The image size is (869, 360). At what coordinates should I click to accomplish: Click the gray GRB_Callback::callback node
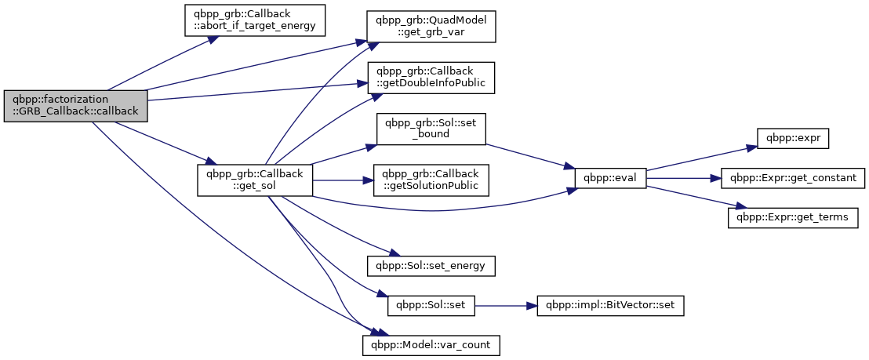pos(75,104)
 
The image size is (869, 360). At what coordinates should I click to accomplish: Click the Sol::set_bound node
pos(431,128)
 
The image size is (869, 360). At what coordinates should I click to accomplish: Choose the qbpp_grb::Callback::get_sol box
pos(254,180)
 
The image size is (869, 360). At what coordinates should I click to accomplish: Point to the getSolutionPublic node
pos(431,180)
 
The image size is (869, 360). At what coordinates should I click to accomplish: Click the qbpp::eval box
pos(611,179)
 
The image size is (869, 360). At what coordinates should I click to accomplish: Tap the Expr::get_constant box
pos(793,178)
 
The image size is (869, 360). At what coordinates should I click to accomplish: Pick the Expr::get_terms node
pos(793,216)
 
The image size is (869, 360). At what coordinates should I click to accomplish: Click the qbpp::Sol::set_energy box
pos(431,265)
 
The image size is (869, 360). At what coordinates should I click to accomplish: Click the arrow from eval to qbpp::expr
pos(698,158)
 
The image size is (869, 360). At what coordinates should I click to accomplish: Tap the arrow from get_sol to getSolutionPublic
pos(342,180)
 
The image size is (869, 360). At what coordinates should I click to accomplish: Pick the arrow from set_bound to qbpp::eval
pos(529,155)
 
